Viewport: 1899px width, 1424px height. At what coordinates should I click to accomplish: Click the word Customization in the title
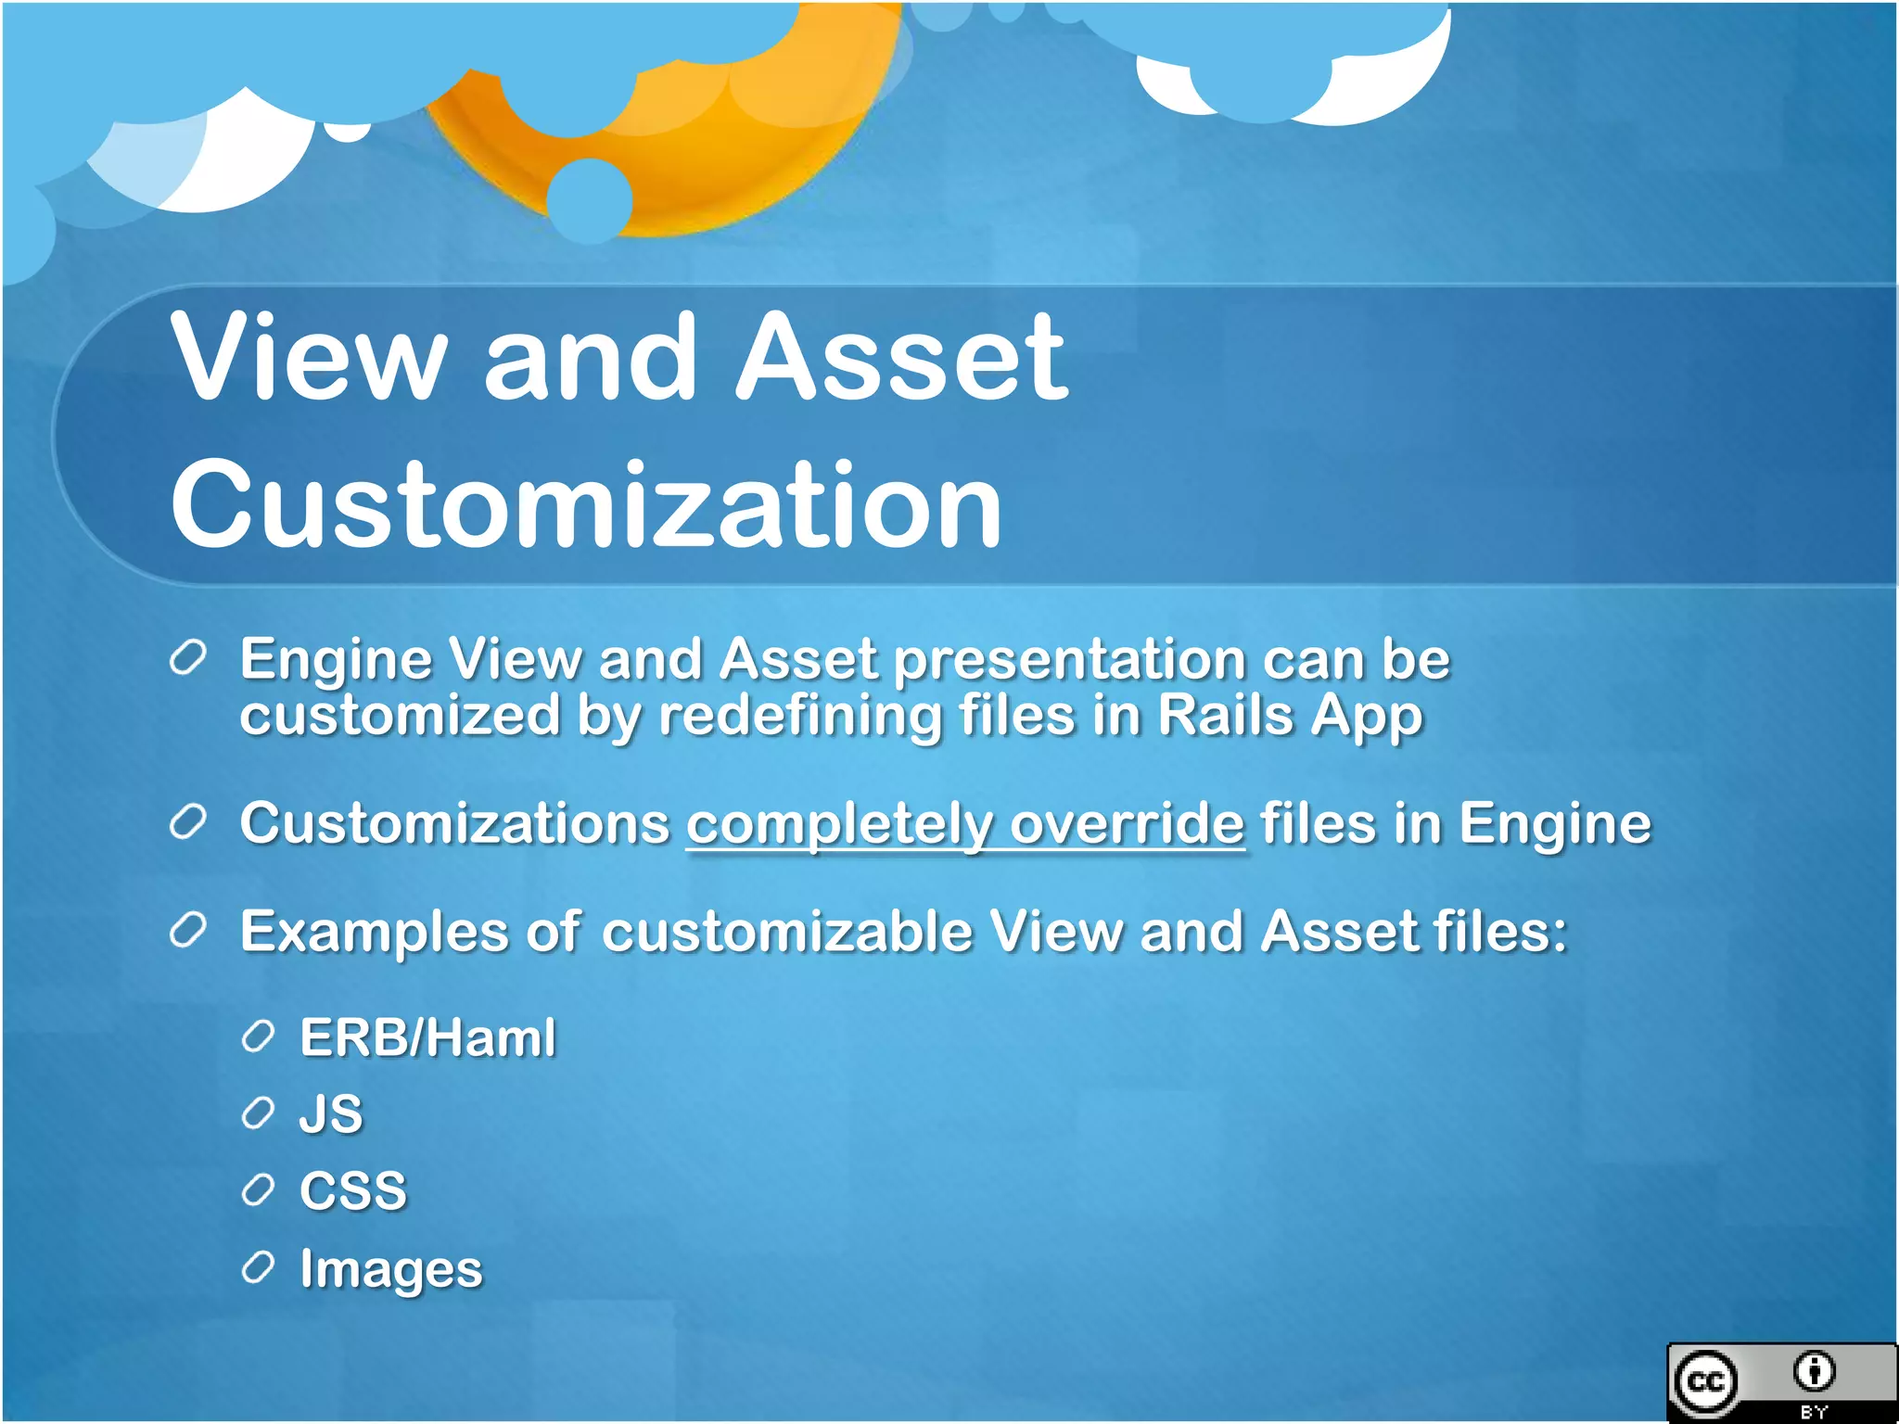pos(586,505)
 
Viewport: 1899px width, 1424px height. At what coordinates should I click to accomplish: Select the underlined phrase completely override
pos(964,823)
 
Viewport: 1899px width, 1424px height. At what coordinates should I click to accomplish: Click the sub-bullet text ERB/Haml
pos(427,1036)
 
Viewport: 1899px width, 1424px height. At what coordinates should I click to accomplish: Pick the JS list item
pos(330,1113)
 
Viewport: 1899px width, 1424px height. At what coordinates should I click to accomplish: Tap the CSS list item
pos(353,1190)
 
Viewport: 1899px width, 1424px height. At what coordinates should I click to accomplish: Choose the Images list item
pos(390,1269)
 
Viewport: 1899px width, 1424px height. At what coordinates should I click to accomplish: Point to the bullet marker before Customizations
pos(187,822)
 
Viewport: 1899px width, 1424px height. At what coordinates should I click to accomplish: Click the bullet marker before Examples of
pos(187,930)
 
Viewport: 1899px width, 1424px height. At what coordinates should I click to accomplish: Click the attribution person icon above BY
pos(1814,1371)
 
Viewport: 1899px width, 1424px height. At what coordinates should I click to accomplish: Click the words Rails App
pos(1290,716)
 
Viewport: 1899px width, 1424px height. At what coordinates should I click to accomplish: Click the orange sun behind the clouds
pos(705,158)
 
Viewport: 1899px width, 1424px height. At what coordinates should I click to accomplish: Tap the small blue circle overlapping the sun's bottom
pos(590,200)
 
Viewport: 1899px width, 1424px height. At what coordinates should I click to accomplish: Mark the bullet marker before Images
pos(258,1267)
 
